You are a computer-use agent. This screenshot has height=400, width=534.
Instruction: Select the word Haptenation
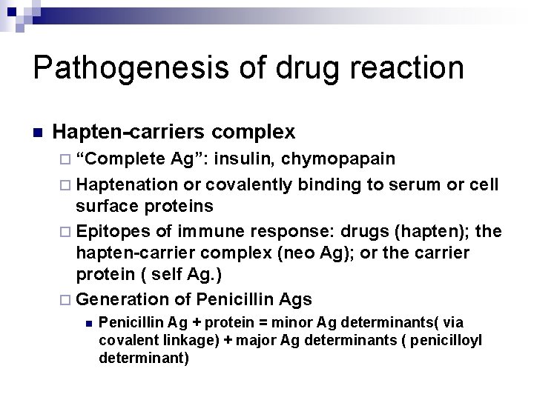click(x=126, y=184)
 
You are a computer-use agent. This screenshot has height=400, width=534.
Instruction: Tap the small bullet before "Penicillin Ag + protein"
click(x=88, y=324)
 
